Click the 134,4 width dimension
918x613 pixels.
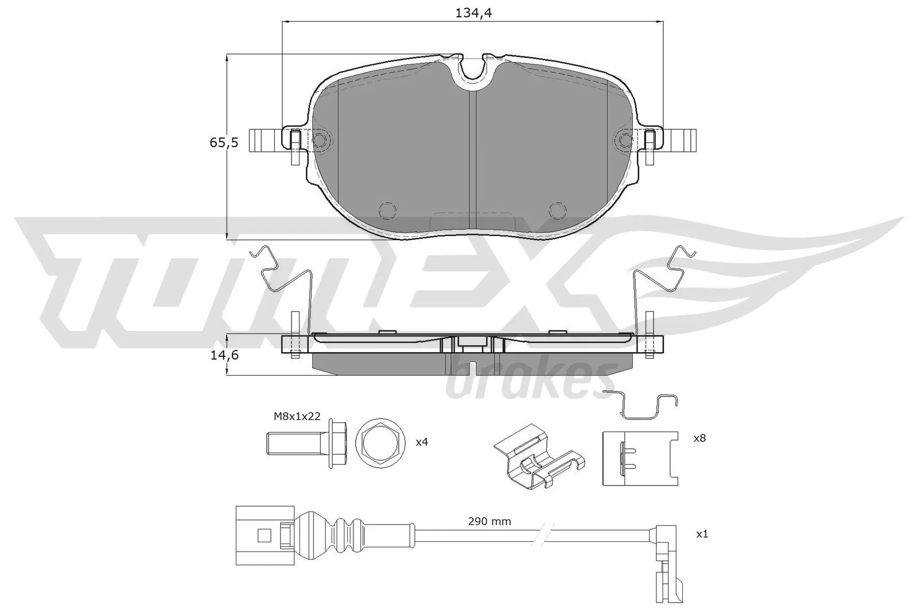473,13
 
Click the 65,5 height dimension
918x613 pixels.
224,143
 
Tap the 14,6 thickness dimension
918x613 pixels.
224,355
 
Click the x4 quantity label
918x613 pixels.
422,442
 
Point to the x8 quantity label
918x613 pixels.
699,438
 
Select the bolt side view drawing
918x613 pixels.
307,443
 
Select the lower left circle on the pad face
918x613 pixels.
388,210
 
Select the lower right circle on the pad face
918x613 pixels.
557,210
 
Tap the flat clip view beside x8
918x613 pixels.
639,458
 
